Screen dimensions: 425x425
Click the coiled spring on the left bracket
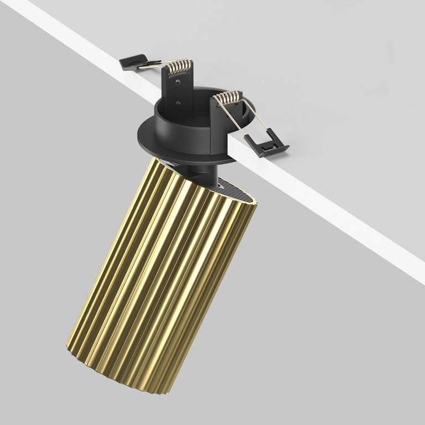[178, 67]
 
